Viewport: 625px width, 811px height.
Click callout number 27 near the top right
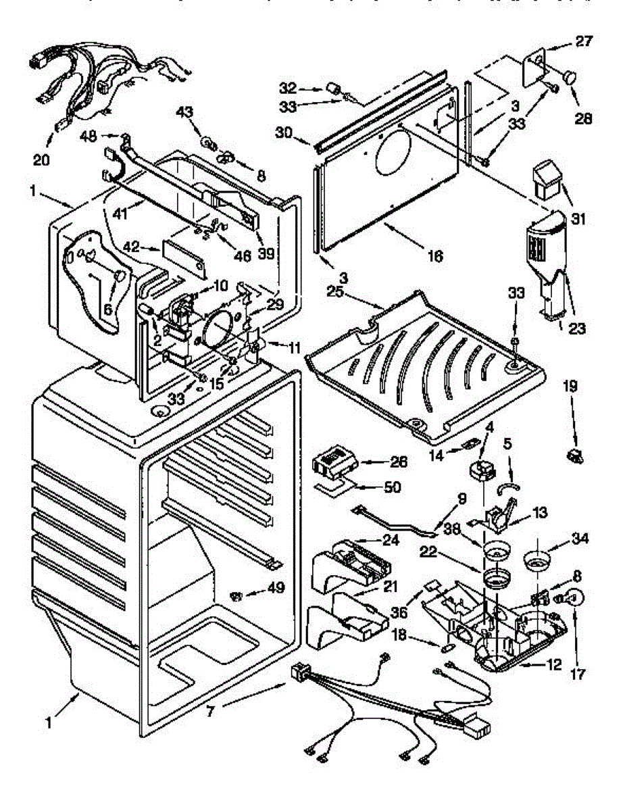(x=584, y=41)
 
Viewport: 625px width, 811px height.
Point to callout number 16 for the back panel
(x=434, y=256)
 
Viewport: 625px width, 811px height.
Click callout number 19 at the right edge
(x=570, y=387)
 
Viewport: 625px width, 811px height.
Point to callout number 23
(x=576, y=330)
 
